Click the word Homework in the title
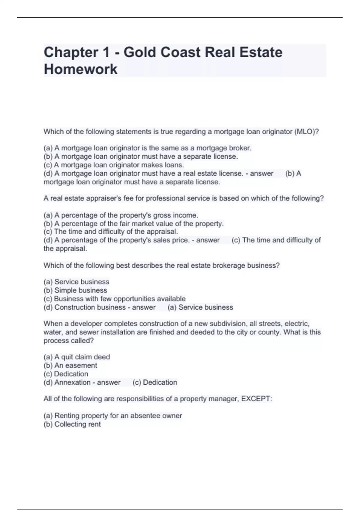(x=80, y=69)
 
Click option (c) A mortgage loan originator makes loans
(x=114, y=165)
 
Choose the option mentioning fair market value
(x=133, y=223)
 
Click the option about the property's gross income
(x=121, y=215)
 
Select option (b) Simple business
(x=75, y=290)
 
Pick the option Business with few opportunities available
(x=115, y=299)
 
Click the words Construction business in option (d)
(x=90, y=307)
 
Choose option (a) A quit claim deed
(x=77, y=357)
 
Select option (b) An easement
(x=70, y=365)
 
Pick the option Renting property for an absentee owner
(x=113, y=416)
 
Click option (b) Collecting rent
(x=72, y=424)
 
